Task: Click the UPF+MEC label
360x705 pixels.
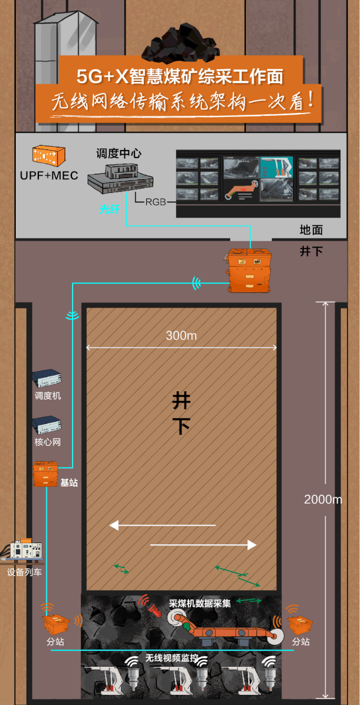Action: tap(49, 175)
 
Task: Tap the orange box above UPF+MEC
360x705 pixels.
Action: tap(48, 156)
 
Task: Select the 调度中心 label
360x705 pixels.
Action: tap(119, 153)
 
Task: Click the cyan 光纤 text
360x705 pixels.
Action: tap(110, 209)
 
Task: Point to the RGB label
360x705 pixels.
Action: tap(156, 202)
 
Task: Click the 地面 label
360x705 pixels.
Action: tap(311, 230)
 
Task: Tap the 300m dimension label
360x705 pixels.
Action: tap(182, 336)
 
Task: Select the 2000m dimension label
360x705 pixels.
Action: tap(323, 499)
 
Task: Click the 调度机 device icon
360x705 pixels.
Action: tap(47, 378)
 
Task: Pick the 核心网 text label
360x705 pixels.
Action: tap(48, 442)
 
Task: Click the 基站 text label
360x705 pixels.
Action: tap(69, 482)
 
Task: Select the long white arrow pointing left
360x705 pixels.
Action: tap(163, 525)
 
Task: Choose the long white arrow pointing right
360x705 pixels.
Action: tap(204, 545)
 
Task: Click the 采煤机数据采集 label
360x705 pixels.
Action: tap(200, 603)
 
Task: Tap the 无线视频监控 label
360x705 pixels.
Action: tap(172, 657)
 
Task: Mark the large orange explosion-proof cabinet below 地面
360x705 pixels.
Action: tap(249, 270)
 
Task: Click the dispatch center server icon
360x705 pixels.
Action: tap(120, 178)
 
